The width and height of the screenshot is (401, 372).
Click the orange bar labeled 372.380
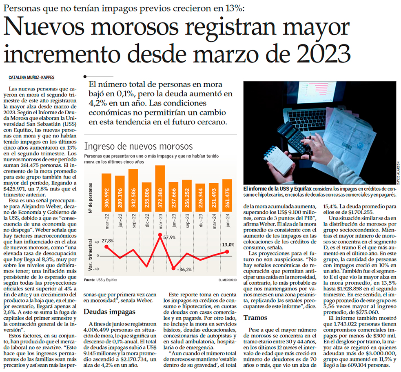tap(160, 188)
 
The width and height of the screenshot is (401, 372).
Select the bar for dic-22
tap(146, 197)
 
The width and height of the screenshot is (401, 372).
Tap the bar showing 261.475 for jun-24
tap(227, 195)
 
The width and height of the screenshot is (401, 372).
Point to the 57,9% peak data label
tap(169, 237)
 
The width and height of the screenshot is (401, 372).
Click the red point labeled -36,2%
tap(173, 268)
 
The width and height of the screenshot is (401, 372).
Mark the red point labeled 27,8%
tap(106, 247)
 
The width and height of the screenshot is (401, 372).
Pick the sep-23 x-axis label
tap(187, 221)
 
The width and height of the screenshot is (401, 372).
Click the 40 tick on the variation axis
tap(97, 242)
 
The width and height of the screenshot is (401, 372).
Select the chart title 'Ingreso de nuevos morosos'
tap(138, 146)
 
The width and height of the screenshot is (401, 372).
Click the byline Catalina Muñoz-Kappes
tap(31, 77)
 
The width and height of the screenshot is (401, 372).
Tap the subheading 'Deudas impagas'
tap(109, 312)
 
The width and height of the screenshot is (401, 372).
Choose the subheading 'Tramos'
tap(255, 317)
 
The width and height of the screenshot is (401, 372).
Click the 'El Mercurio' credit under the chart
tap(227, 280)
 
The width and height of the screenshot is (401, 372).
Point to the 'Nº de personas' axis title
tap(90, 198)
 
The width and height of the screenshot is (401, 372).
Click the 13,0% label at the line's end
tap(228, 245)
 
